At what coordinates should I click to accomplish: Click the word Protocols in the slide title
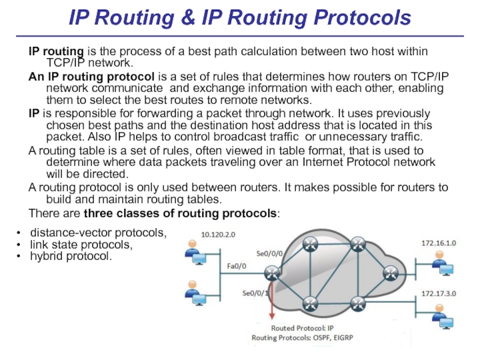tap(359, 18)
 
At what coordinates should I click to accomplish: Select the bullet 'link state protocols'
tap(81, 245)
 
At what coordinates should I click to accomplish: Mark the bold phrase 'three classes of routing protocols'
tap(181, 214)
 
